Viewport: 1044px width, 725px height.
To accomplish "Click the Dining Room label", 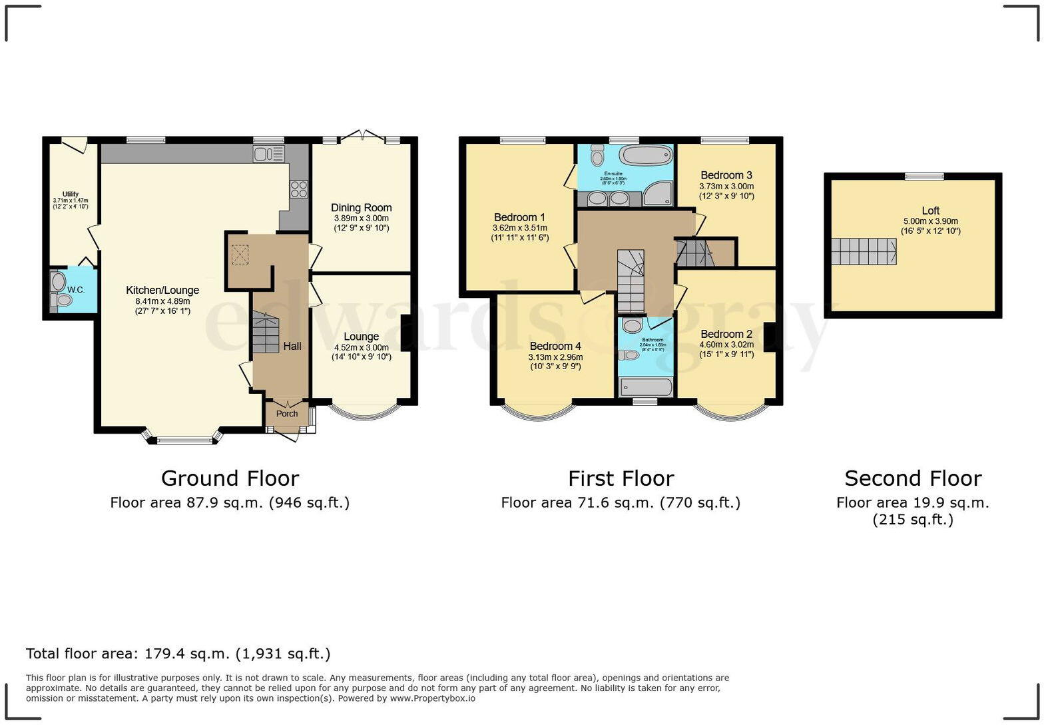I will (x=361, y=208).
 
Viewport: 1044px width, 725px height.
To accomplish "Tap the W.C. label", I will (x=76, y=290).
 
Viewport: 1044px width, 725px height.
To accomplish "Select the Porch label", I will (x=287, y=414).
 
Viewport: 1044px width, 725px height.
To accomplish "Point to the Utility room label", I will (x=71, y=195).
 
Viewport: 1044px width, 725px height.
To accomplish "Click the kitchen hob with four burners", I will (x=298, y=189).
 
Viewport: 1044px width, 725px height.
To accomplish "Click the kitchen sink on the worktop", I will (x=268, y=155).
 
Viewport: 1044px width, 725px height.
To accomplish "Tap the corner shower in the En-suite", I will (x=658, y=193).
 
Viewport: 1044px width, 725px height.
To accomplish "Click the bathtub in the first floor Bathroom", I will (x=645, y=387).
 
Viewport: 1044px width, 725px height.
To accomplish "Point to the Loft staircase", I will (x=863, y=252).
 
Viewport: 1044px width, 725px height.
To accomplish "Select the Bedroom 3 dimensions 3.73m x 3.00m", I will (x=726, y=187).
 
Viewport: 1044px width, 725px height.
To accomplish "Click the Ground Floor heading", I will (x=230, y=478).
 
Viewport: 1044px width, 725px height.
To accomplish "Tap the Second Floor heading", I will (x=913, y=478).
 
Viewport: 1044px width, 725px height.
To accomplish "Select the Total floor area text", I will (x=178, y=654).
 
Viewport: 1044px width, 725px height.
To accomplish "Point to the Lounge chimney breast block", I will (x=405, y=333).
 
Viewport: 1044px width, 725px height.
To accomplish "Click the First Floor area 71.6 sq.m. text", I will (x=621, y=502).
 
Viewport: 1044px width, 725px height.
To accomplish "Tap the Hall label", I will (x=292, y=346).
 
